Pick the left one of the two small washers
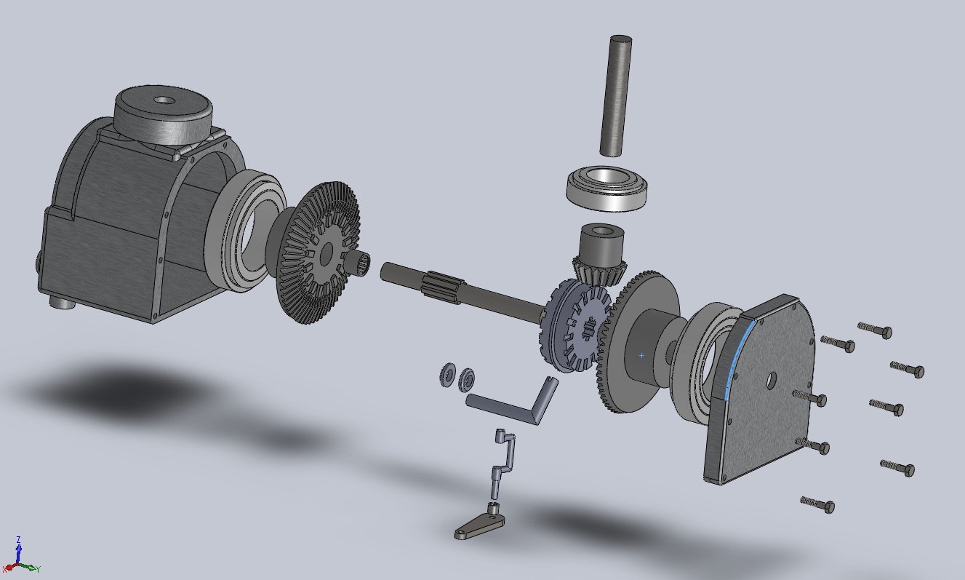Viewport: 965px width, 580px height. tap(447, 375)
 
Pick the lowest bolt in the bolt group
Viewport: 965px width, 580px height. tap(818, 504)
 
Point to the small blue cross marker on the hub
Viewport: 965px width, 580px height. tap(641, 356)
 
